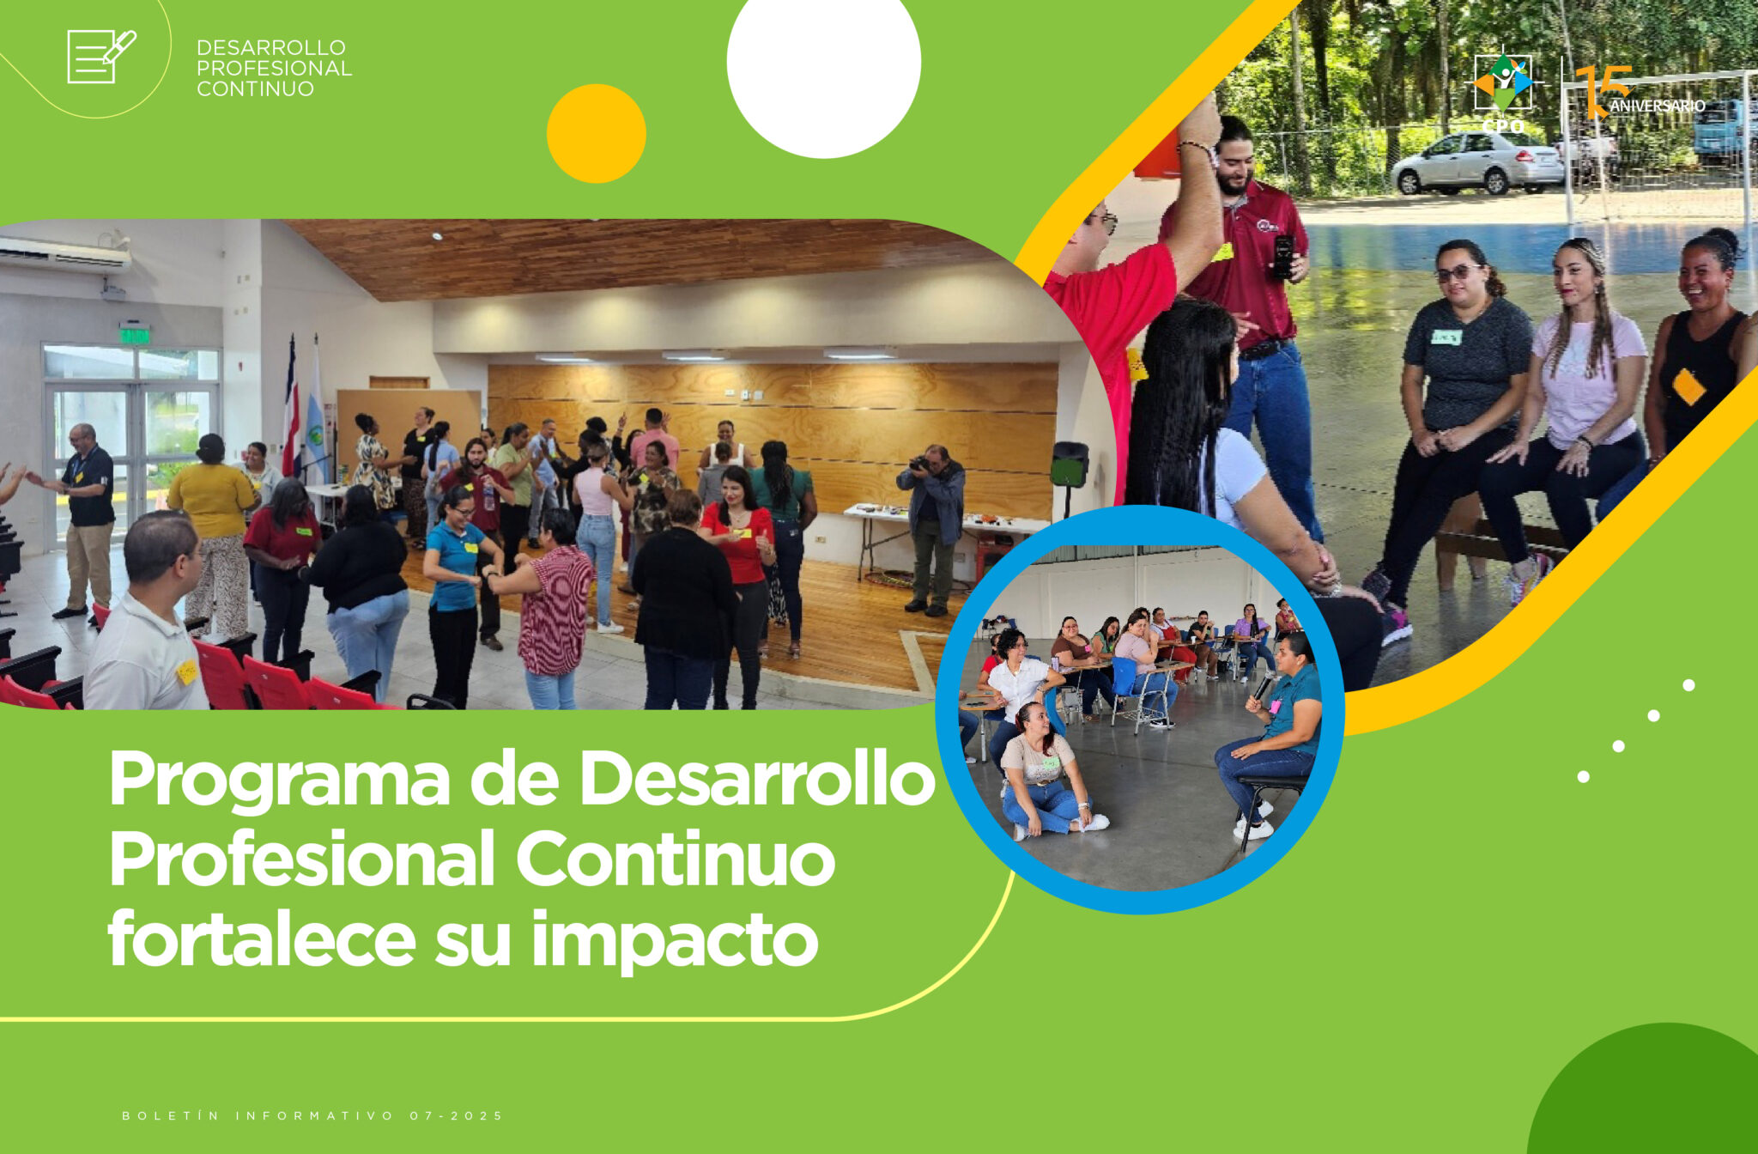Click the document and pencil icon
(101, 57)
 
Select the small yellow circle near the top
(597, 133)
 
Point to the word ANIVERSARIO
(1657, 106)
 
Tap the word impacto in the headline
(675, 942)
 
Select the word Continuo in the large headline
(676, 859)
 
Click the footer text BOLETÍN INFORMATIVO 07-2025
(312, 1115)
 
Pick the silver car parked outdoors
(1477, 162)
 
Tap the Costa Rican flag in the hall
(291, 408)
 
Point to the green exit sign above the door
(135, 334)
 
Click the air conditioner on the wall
(64, 253)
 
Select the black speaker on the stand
(1070, 465)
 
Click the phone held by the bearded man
(1284, 256)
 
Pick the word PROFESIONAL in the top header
(274, 68)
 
